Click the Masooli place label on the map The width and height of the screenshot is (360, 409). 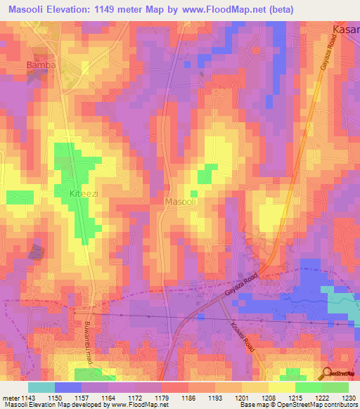(x=180, y=202)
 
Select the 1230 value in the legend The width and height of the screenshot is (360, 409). (x=348, y=398)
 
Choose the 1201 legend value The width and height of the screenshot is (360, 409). (x=242, y=398)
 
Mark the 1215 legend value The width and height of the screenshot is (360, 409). (x=295, y=398)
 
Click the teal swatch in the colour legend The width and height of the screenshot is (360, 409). (x=41, y=387)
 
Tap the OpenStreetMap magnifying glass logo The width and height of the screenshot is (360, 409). (x=326, y=373)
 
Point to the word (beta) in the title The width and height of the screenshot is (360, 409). (x=278, y=9)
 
